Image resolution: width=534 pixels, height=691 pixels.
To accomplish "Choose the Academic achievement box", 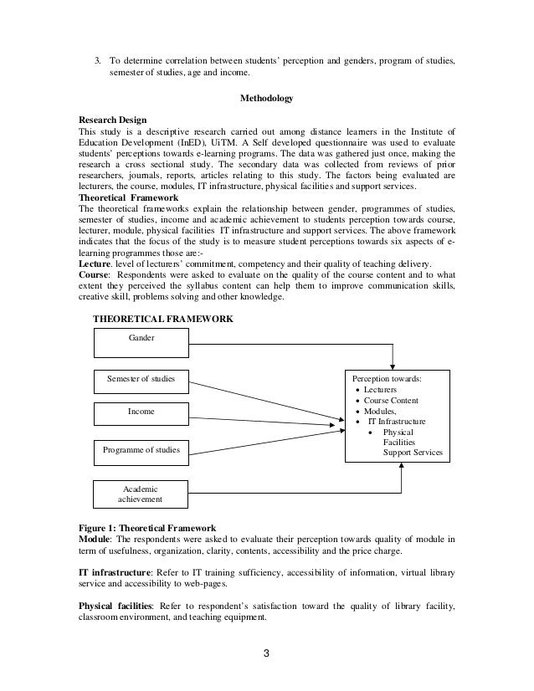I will tap(141, 494).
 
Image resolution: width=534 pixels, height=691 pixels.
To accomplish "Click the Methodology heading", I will tap(267, 100).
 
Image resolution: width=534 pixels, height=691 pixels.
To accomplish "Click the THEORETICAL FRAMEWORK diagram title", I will tap(162, 319).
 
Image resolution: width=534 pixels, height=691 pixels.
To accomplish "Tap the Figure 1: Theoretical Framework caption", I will tap(146, 527).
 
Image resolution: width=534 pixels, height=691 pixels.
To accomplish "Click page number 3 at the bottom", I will tap(266, 653).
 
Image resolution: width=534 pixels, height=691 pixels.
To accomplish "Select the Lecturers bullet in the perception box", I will tap(382, 390).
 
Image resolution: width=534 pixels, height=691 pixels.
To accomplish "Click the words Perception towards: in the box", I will tap(388, 379).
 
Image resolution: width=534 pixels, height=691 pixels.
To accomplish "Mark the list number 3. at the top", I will tap(97, 60).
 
